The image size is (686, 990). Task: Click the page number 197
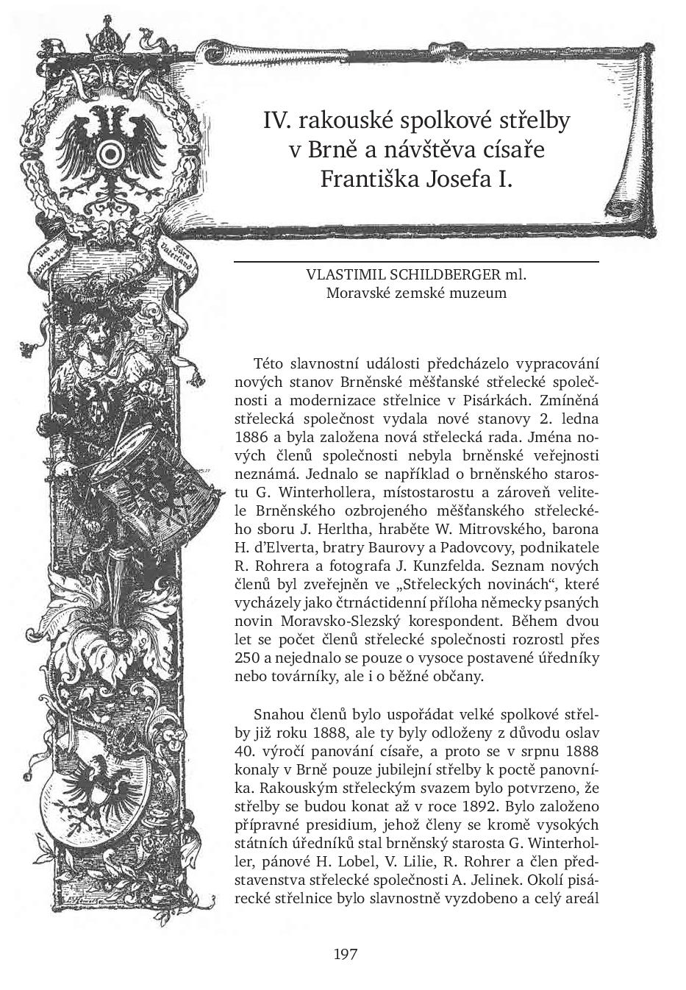345,955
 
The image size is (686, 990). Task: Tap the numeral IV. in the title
277,120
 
